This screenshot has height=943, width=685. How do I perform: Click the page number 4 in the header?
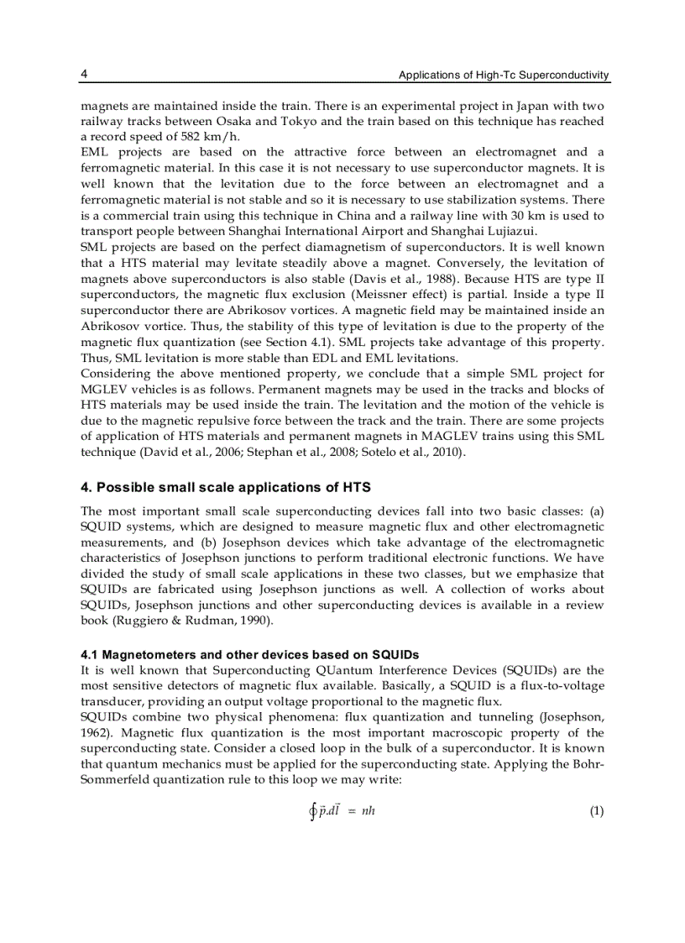84,75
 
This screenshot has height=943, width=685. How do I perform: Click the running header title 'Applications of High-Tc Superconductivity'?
504,76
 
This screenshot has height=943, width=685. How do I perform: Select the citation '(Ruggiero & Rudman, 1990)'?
178,621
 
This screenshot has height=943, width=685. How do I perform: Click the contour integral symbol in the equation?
312,811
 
